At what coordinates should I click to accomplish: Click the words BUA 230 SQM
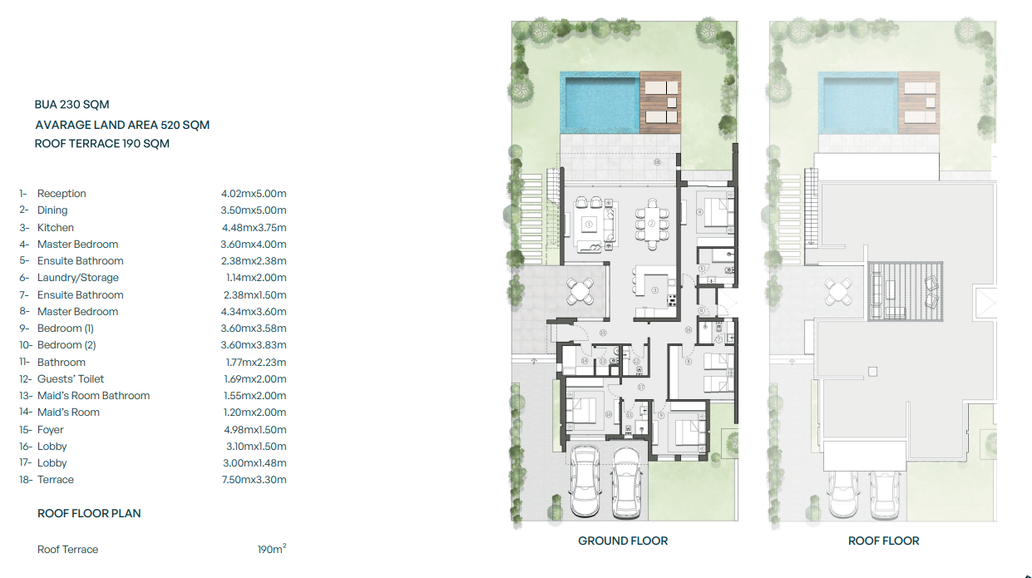tap(72, 105)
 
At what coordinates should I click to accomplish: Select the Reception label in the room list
tap(62, 194)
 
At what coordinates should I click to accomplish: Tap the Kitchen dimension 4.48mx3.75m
tap(254, 228)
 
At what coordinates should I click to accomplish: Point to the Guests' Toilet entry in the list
tap(71, 379)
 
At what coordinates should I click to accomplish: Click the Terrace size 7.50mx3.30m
tap(254, 480)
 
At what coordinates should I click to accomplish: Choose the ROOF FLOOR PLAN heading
tap(89, 513)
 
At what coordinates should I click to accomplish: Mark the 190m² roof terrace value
tap(272, 550)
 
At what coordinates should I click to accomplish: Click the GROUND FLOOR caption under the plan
tap(623, 541)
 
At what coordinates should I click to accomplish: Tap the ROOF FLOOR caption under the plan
tap(883, 541)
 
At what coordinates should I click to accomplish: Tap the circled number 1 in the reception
tap(589, 223)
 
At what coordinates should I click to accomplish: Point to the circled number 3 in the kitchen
tap(654, 290)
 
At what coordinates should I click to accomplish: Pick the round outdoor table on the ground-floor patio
tap(581, 291)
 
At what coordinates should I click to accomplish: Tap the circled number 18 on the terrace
tap(656, 163)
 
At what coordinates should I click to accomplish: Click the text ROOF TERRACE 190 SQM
tap(102, 143)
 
